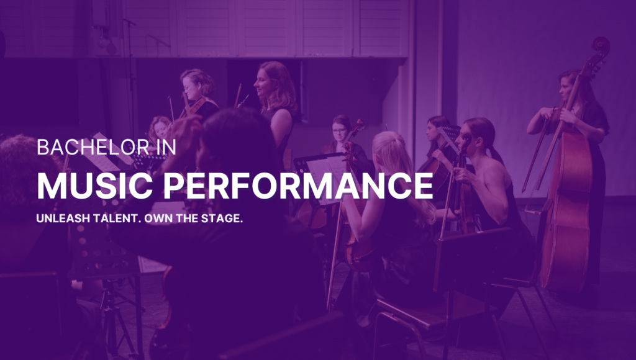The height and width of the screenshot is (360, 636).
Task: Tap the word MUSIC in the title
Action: pos(95,186)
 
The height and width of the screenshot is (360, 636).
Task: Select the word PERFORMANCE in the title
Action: pos(298,186)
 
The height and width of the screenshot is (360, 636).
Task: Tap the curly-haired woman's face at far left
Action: pos(161,130)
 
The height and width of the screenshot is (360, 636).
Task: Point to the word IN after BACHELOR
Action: pos(165,147)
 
